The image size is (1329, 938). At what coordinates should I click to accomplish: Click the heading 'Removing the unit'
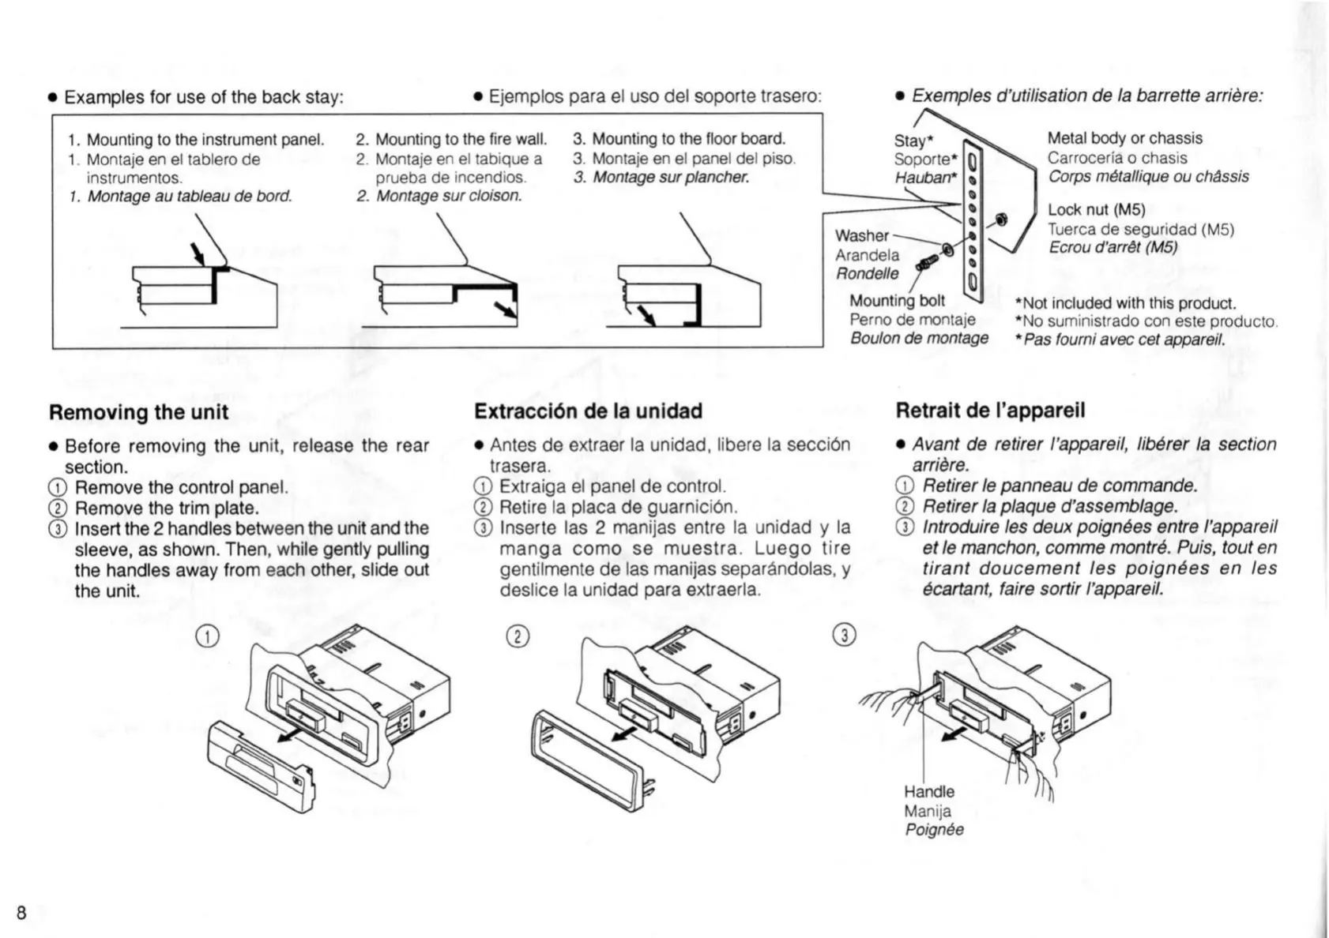click(138, 412)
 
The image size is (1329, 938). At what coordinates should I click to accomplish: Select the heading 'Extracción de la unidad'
click(588, 411)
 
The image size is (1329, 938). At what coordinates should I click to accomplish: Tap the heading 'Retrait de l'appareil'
click(990, 410)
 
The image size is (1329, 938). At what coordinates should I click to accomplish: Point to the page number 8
click(21, 913)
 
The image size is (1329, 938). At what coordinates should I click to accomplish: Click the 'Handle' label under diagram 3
click(929, 791)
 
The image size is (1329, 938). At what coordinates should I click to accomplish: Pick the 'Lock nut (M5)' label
click(1096, 209)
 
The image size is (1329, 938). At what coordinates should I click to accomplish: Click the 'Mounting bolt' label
click(897, 300)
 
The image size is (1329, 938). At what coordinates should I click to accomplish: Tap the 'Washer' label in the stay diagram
click(861, 235)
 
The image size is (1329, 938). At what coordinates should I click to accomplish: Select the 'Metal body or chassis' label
click(1124, 138)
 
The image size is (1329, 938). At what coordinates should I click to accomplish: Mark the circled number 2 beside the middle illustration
click(517, 636)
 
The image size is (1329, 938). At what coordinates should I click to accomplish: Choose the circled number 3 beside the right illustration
click(845, 635)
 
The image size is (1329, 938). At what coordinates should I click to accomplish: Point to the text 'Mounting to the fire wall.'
click(461, 140)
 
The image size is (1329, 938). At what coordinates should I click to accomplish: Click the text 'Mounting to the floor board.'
click(688, 139)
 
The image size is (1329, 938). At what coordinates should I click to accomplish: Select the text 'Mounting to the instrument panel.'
click(205, 140)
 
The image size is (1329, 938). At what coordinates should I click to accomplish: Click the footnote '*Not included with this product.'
click(1125, 303)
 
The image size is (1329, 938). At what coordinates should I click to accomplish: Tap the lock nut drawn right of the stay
click(1000, 219)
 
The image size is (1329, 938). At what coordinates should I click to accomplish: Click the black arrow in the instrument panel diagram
click(198, 254)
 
